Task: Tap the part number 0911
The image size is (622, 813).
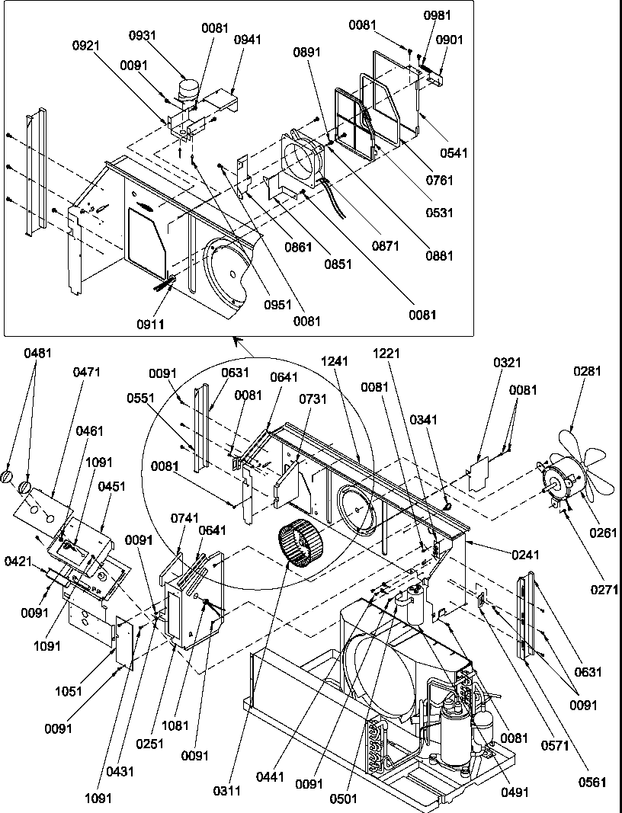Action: point(152,325)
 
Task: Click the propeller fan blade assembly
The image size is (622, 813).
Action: point(587,465)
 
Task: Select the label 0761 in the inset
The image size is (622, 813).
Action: point(441,181)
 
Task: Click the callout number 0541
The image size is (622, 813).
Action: point(453,153)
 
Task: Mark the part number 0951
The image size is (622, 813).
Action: point(279,305)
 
